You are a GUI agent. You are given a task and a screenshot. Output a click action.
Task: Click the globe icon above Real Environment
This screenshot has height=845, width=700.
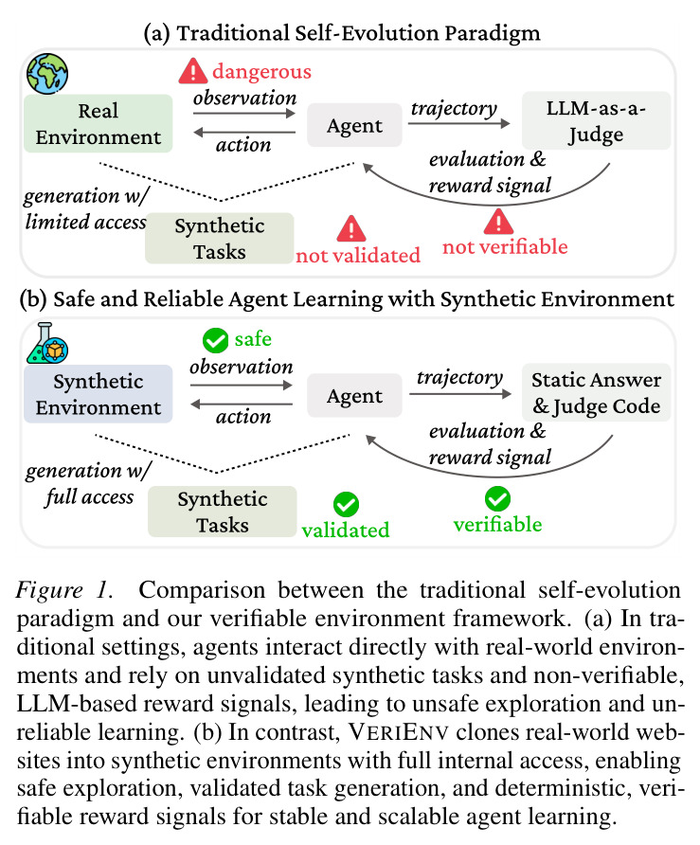coord(47,74)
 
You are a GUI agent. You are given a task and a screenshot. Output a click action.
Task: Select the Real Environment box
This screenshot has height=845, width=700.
coord(99,123)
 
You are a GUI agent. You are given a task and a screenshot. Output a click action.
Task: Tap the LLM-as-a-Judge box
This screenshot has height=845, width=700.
coord(596,120)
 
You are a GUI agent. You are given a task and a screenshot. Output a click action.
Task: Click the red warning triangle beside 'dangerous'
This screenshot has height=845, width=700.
coord(193,71)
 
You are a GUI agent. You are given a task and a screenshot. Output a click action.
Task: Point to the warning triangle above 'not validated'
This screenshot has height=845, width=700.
coord(351,228)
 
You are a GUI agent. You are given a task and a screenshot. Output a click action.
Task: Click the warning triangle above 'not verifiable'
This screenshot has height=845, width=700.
coord(498,221)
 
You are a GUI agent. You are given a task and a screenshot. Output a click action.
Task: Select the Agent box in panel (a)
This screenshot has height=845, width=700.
coord(354,125)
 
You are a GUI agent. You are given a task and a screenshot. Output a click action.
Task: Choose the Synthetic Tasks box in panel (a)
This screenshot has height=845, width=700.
coord(220,238)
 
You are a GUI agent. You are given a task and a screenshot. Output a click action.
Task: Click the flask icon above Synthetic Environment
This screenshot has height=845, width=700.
coord(47,343)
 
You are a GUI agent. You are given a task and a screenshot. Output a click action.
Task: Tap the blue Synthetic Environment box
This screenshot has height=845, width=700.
coord(99,394)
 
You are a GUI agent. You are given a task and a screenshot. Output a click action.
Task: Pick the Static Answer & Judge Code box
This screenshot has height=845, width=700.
coord(596,392)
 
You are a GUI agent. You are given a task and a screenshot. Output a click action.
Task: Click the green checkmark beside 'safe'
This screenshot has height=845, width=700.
coord(216,341)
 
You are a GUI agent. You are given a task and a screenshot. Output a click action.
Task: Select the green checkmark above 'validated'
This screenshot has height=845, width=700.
coord(346,505)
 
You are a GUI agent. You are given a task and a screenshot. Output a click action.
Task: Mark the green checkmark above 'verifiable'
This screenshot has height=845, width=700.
coord(497,498)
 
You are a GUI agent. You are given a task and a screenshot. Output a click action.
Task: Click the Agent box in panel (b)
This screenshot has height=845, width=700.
coord(354,396)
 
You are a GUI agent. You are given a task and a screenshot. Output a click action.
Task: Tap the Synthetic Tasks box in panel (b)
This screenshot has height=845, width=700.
coord(222,512)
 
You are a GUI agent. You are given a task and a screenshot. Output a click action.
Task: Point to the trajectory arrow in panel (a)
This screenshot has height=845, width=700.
coord(458,123)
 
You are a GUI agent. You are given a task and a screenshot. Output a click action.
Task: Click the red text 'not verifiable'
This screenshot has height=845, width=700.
coord(505,247)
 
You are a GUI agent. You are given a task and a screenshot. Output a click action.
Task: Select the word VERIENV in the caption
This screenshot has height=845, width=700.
coord(398,732)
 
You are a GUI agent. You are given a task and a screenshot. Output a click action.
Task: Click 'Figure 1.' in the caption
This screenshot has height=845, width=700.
coord(64,589)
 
